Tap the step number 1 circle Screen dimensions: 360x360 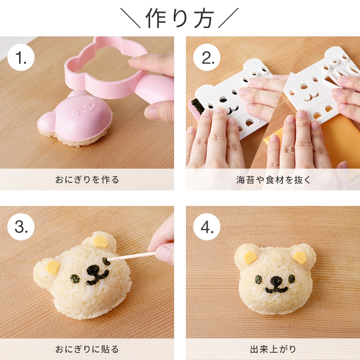pyautogui.click(x=21, y=58)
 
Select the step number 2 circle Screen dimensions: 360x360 pyautogui.click(x=206, y=58)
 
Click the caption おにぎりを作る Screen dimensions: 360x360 pyautogui.click(x=87, y=180)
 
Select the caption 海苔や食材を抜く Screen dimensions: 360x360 pyautogui.click(x=273, y=180)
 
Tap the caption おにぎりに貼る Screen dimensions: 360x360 pyautogui.click(x=87, y=349)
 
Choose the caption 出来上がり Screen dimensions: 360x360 pyautogui.click(x=273, y=349)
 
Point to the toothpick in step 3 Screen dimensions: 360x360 pyautogui.click(x=132, y=256)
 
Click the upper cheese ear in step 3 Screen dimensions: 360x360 pyautogui.click(x=100, y=241)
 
